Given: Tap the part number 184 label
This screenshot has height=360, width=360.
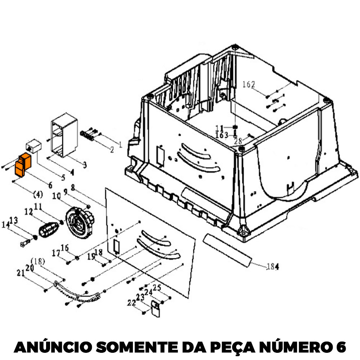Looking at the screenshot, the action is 273,266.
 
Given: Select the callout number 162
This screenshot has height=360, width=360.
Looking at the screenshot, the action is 249,84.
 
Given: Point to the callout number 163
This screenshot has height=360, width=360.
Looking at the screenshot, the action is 221,135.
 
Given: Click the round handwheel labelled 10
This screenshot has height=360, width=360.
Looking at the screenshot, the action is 80,222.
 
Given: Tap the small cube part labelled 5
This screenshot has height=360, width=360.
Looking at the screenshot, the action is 33,146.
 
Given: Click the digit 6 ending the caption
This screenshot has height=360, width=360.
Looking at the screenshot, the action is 341,347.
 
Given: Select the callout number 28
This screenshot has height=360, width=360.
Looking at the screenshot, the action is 238,141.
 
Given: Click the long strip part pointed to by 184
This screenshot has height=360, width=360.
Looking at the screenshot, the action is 227,250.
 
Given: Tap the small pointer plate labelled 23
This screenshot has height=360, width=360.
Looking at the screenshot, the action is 156,309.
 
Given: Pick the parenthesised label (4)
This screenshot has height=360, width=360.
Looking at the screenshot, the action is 38,195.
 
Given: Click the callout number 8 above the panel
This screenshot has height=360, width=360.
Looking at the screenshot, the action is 73,187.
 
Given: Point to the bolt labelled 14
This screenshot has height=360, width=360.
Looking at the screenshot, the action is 25,243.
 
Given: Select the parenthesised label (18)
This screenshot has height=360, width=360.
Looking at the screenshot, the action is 38,261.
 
